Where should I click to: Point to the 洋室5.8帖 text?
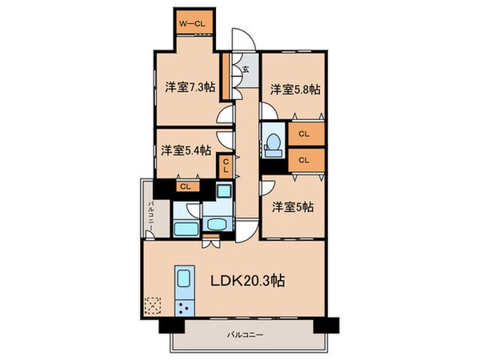click(x=294, y=90)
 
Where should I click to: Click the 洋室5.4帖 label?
click(x=185, y=150)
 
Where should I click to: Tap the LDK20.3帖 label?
click(x=250, y=281)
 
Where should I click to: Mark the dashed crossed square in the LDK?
click(x=152, y=306)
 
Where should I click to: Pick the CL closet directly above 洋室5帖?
click(x=304, y=161)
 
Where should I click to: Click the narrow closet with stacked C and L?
click(x=226, y=166)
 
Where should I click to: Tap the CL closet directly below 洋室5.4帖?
click(x=185, y=186)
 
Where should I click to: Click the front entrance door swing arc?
click(x=240, y=40)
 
